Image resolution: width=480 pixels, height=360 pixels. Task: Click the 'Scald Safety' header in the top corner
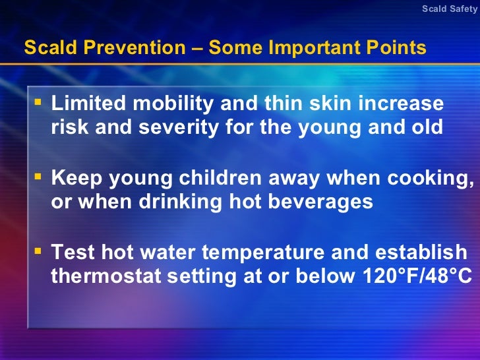(450, 9)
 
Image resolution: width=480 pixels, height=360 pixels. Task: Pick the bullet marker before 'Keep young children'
(38, 176)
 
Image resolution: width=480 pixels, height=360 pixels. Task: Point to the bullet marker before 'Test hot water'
(38, 251)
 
